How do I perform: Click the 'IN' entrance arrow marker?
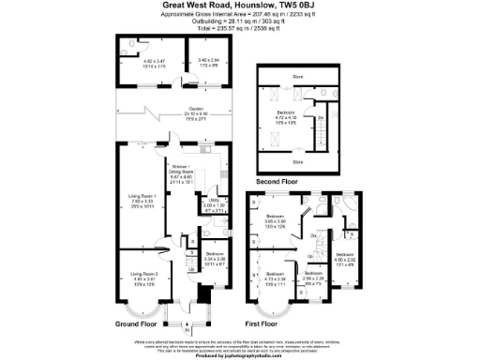tap(187, 330)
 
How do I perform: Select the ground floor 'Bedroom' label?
tap(215, 254)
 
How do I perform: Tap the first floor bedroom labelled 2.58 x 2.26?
tap(314, 278)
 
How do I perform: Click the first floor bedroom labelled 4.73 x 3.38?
tap(277, 278)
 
